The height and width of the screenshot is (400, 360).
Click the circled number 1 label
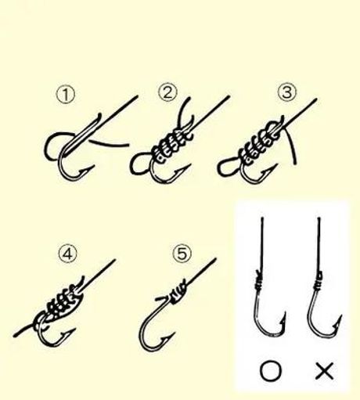[66, 95]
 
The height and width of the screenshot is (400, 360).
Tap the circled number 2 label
[167, 93]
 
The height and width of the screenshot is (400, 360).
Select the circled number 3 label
[287, 92]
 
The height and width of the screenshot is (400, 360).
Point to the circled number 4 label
[68, 254]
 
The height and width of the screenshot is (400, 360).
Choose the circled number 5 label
[182, 254]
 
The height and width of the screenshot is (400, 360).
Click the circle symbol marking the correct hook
[271, 371]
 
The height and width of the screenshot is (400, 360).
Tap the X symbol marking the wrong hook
[325, 370]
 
